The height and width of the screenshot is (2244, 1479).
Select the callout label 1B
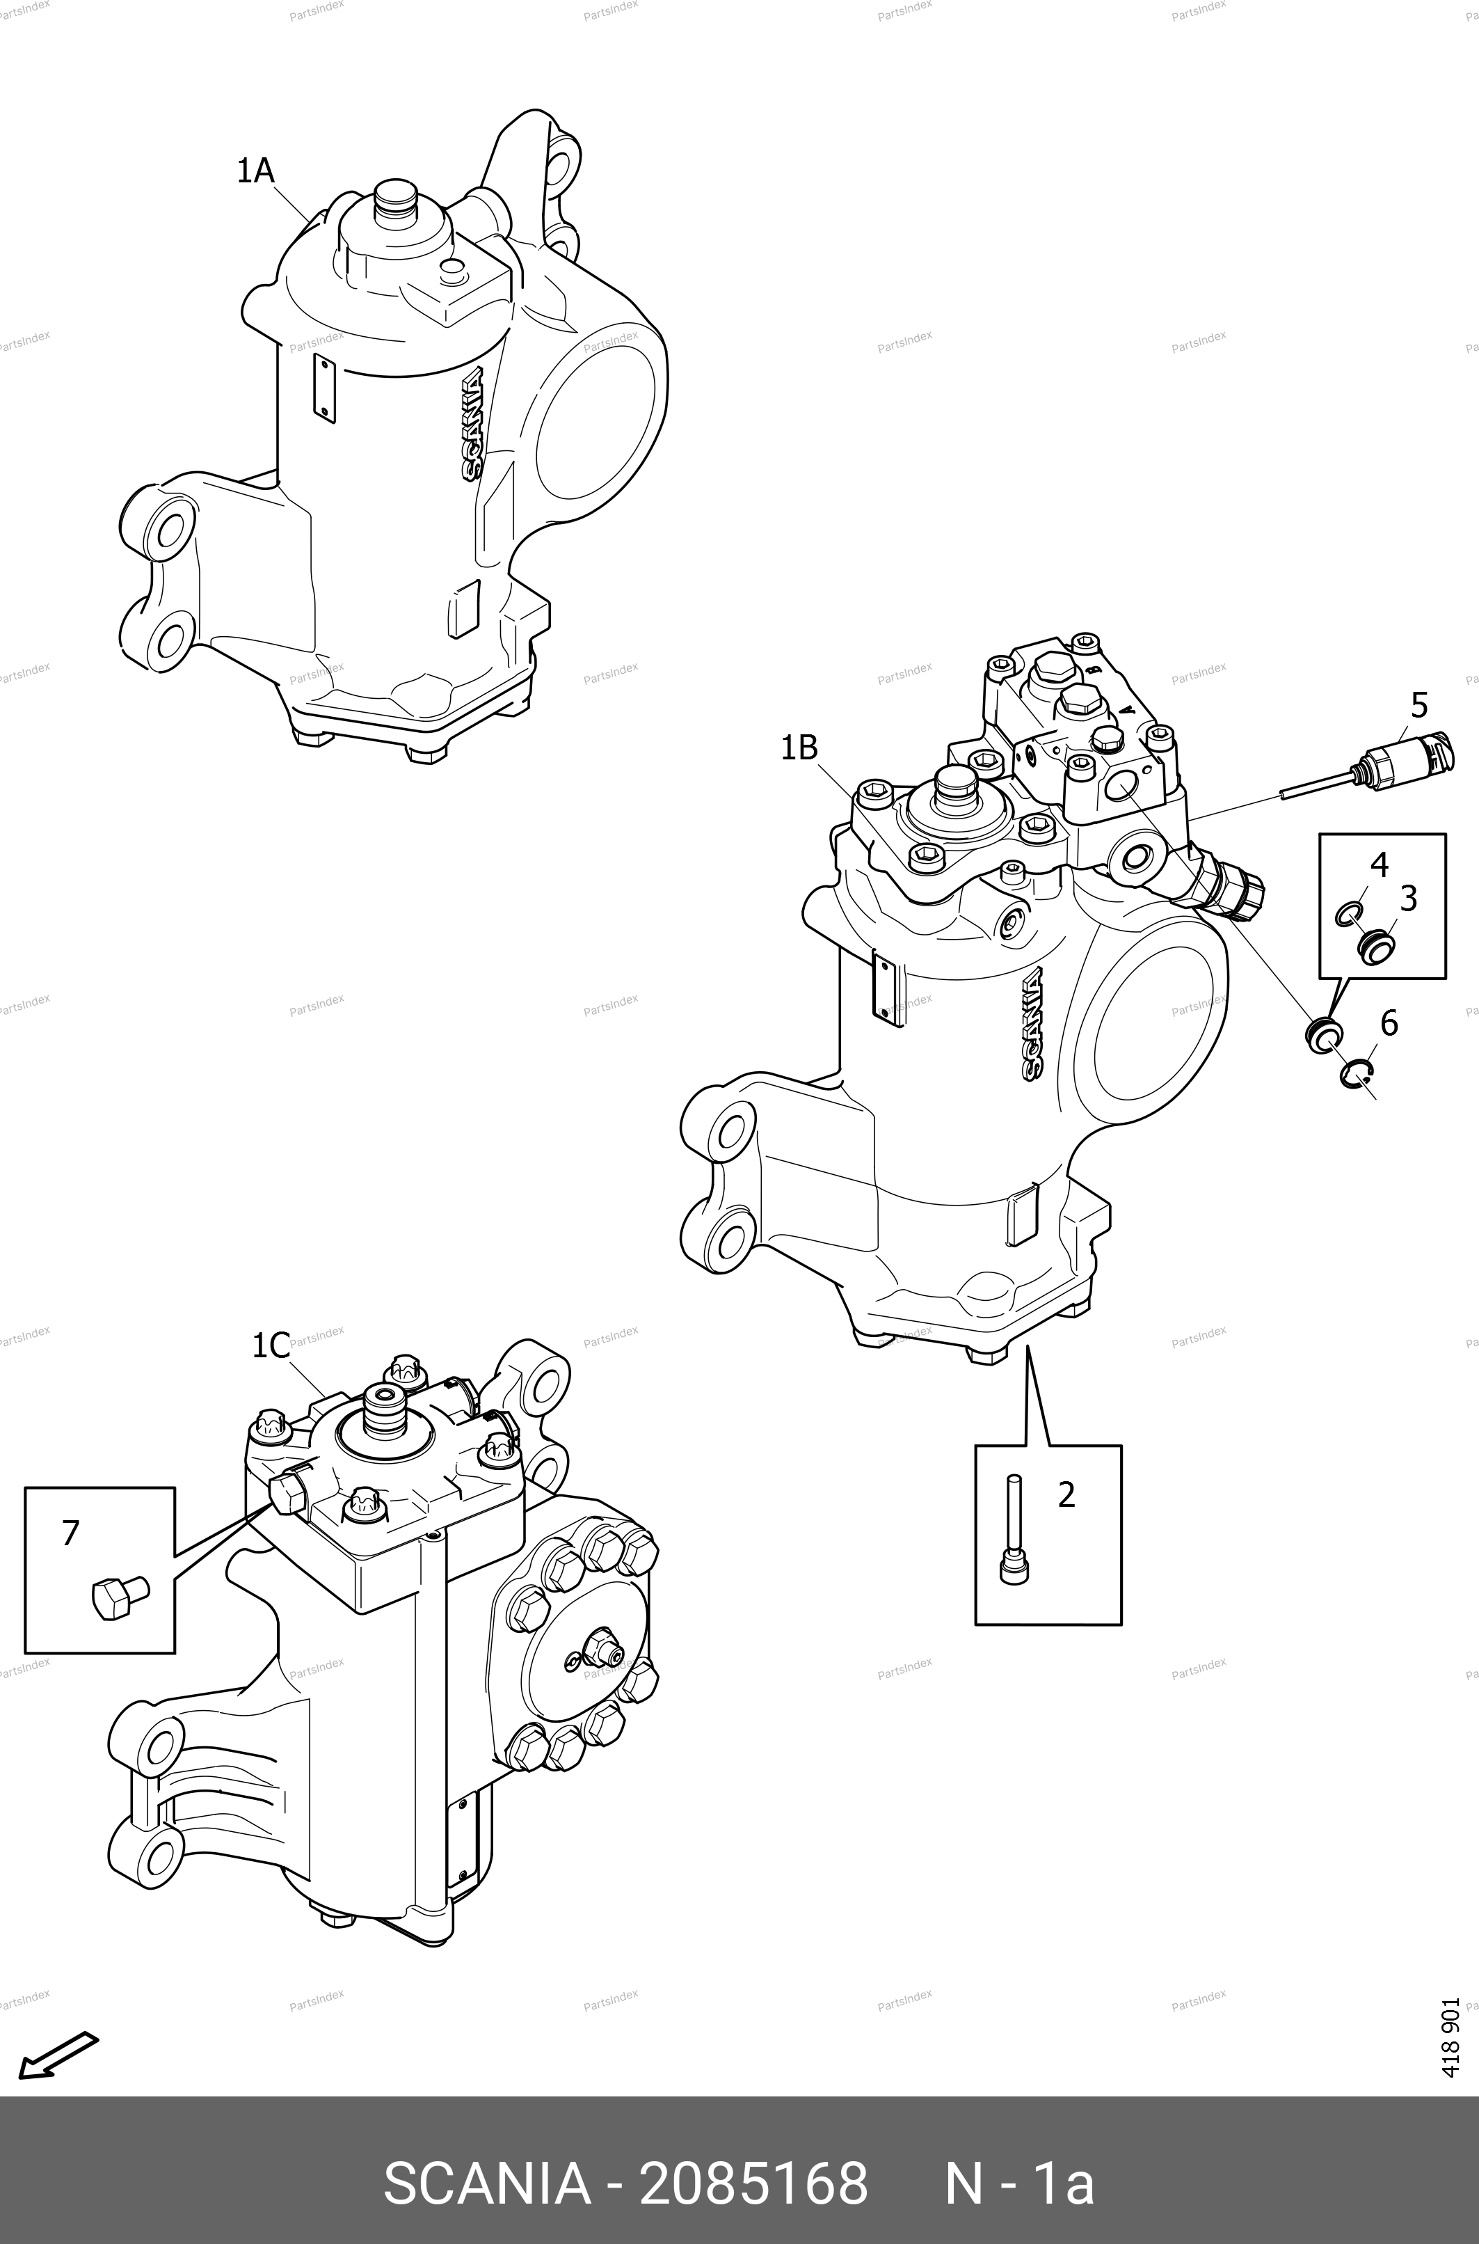click(799, 748)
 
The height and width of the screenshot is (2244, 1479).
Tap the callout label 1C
click(271, 1345)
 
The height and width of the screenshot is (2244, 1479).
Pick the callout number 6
click(1389, 1023)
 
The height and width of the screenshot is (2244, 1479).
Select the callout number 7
click(70, 1533)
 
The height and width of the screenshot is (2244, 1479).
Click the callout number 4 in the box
click(1379, 864)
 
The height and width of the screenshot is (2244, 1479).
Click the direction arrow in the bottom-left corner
click(58, 2053)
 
